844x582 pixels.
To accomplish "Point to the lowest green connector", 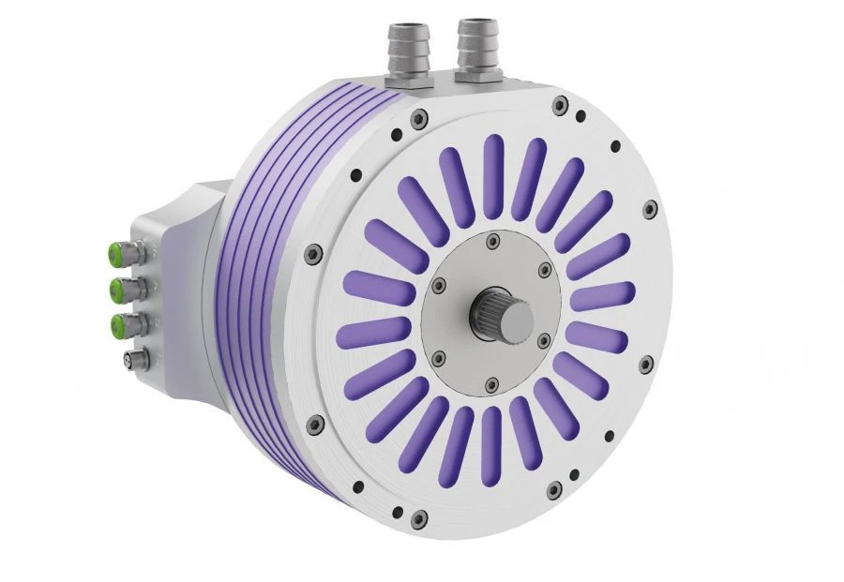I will tap(120, 325).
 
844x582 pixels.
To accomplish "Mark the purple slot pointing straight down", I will tap(490, 446).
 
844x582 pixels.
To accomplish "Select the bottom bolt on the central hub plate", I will tap(491, 382).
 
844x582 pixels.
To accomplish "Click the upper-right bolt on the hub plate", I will tap(545, 273).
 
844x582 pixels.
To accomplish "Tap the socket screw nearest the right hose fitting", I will tap(559, 105).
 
